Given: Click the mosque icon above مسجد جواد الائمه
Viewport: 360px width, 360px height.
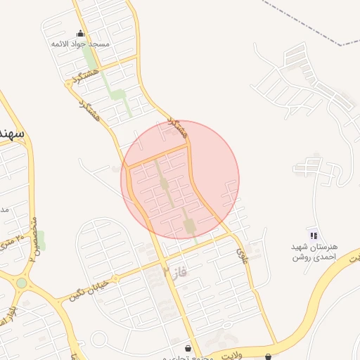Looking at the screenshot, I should point(80,33).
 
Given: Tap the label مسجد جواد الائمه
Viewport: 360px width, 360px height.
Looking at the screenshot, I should point(81,44).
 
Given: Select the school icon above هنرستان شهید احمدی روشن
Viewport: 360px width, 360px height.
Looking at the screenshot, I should point(314,235).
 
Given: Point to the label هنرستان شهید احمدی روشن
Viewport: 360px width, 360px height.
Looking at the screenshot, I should point(315,252).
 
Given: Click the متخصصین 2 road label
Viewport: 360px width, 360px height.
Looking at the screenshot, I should point(32,239).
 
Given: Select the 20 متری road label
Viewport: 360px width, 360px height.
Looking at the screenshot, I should point(12,245).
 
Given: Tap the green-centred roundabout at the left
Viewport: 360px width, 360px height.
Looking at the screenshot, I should point(21,283).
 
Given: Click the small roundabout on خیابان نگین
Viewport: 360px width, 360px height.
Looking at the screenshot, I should point(117,277).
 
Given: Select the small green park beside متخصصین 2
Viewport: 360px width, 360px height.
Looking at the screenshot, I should point(41,243).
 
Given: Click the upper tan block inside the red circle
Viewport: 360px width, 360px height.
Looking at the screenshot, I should point(164,184).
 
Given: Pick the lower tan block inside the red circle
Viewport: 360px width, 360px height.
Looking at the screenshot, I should point(188,224).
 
